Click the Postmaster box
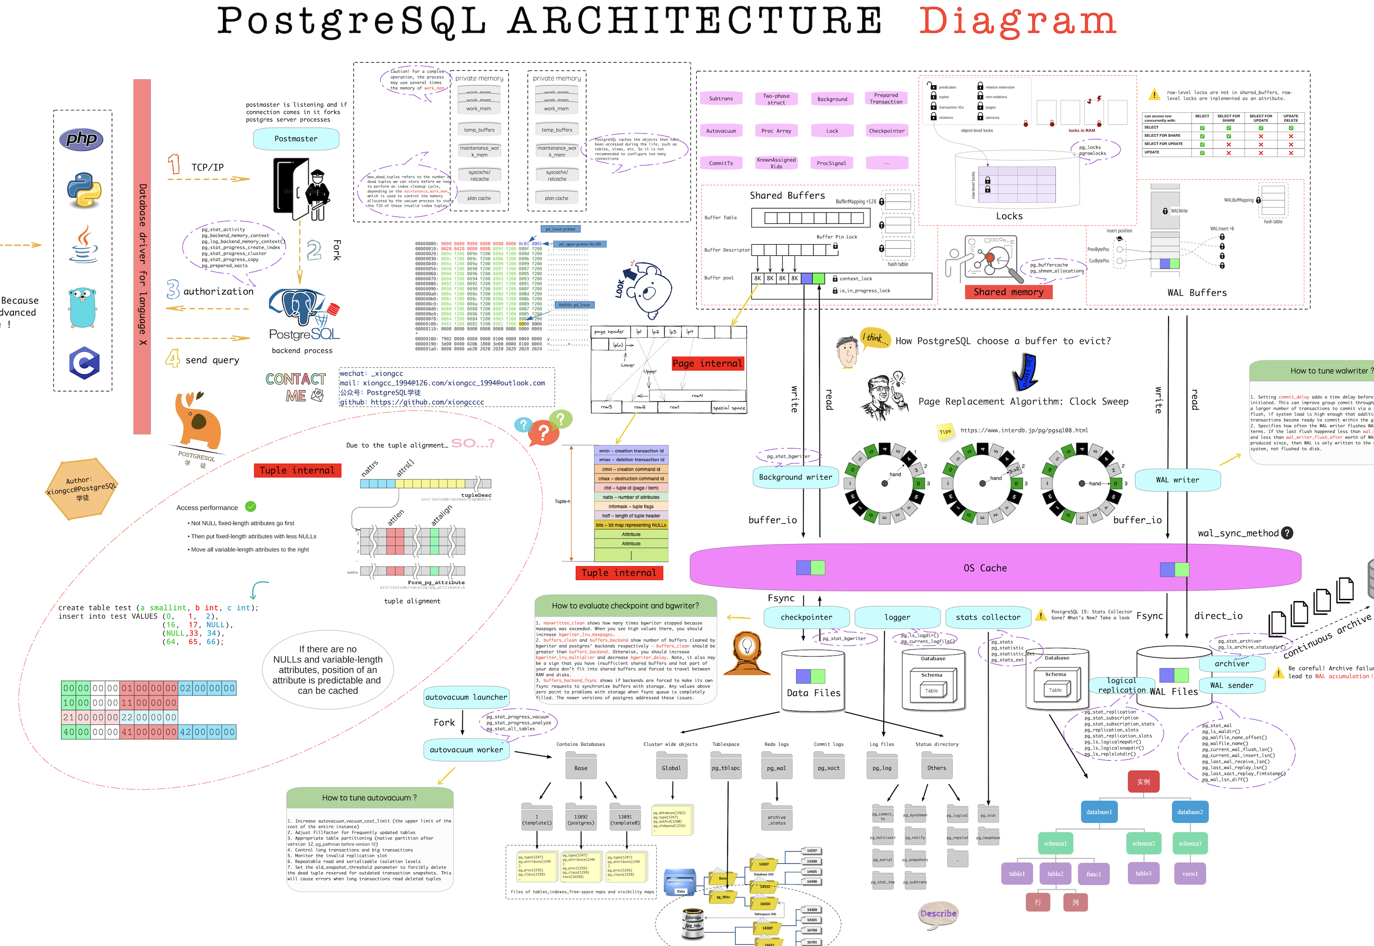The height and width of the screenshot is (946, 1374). [x=296, y=139]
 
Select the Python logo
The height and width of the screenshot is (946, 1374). [x=83, y=190]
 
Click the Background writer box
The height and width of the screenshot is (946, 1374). [x=795, y=477]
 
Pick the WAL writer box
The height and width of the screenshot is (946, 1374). [x=1177, y=480]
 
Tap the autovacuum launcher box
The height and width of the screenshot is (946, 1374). [x=466, y=698]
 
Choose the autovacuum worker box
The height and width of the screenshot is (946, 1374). [x=466, y=750]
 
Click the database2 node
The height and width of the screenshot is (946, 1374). [x=1190, y=812]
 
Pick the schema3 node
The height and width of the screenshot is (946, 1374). [x=1190, y=843]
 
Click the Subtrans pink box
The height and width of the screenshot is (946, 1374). [x=721, y=99]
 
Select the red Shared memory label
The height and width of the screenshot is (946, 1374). [x=1008, y=292]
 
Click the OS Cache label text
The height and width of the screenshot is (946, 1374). [x=985, y=568]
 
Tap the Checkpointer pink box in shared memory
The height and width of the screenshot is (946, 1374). [x=886, y=131]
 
